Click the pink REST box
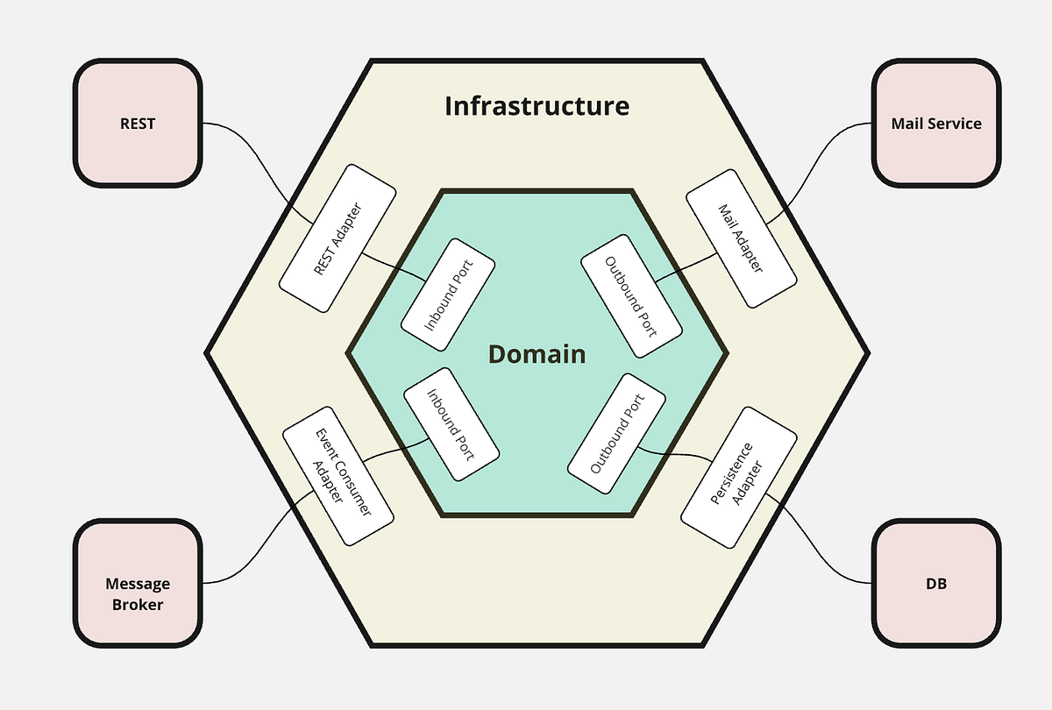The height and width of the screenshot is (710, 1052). click(138, 124)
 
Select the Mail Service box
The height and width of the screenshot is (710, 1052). click(936, 124)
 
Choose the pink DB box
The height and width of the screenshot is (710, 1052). click(936, 584)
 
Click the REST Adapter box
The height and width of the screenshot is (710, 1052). click(338, 237)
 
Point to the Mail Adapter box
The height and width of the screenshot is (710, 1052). click(741, 237)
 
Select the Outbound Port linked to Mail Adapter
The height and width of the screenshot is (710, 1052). click(631, 295)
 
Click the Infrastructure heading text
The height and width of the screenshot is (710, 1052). click(537, 106)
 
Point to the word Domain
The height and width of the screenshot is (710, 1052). click(537, 354)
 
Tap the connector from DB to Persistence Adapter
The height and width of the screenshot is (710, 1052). click(815, 543)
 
